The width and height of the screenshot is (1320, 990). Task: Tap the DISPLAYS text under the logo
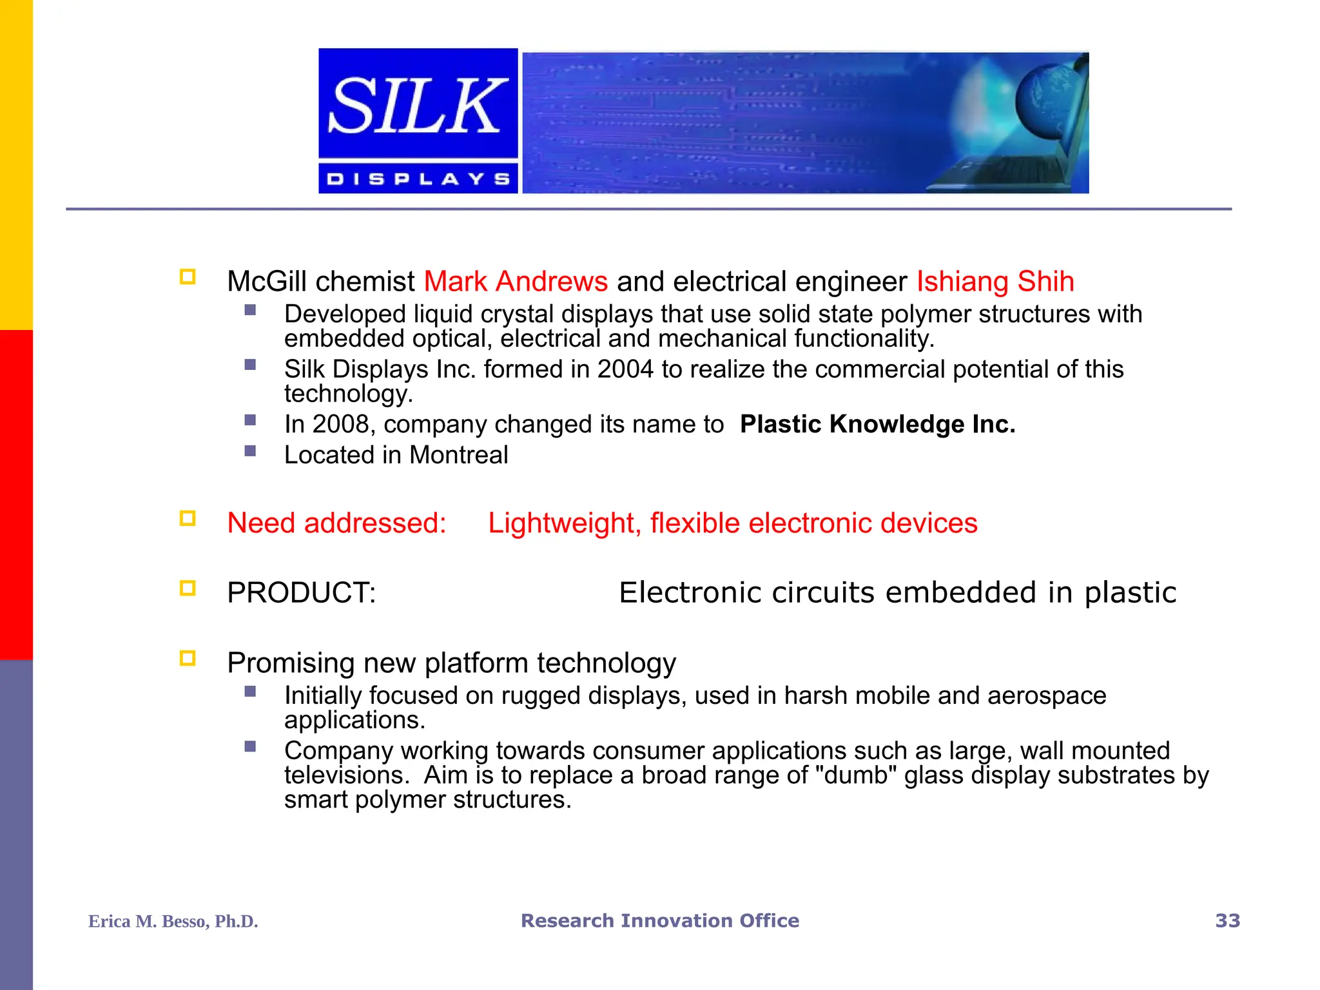click(418, 179)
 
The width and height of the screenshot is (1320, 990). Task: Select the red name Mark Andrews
click(516, 282)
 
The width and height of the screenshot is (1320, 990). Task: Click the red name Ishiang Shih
click(995, 282)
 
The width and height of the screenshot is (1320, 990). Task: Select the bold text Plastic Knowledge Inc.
click(877, 424)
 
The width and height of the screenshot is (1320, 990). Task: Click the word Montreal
click(458, 455)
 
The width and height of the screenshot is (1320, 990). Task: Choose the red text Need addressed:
click(336, 523)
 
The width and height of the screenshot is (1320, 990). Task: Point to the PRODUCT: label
click(301, 592)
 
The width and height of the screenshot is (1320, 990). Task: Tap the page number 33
click(1227, 920)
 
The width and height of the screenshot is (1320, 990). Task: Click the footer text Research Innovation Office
click(660, 920)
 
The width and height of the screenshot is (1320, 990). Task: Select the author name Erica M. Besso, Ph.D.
click(173, 921)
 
